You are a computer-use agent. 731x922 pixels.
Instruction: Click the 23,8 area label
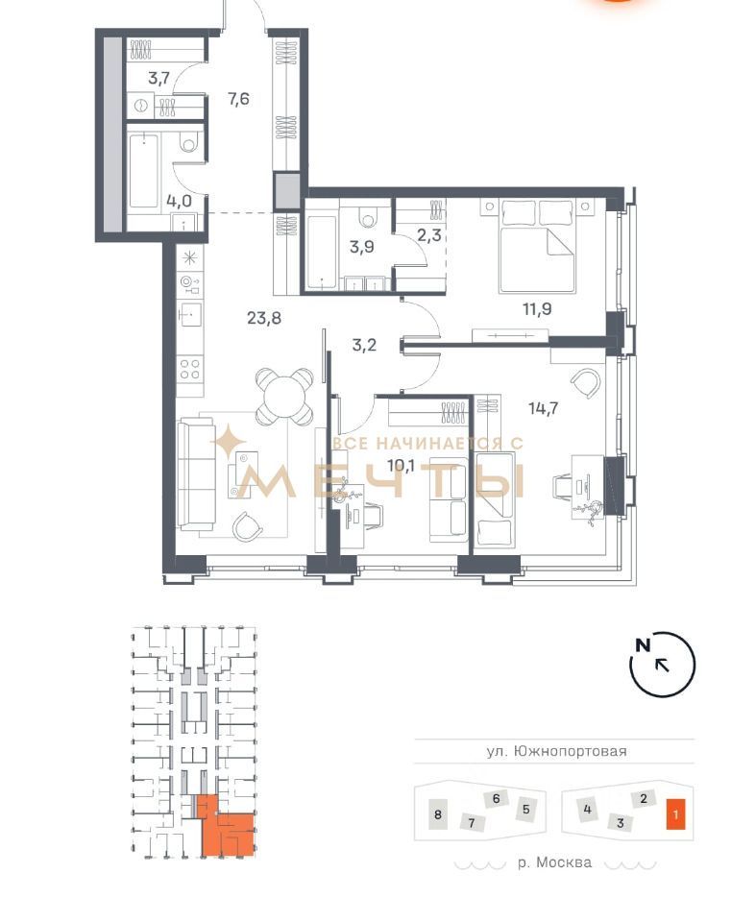pyautogui.click(x=264, y=318)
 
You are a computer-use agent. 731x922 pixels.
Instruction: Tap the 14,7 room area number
pyautogui.click(x=544, y=407)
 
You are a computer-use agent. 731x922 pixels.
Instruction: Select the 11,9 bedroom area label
pyautogui.click(x=538, y=308)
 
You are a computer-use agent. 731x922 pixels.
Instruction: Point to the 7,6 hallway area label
pyautogui.click(x=238, y=99)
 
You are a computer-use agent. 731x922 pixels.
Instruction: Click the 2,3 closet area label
pyautogui.click(x=428, y=236)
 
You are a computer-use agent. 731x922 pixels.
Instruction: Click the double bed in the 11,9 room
pyautogui.click(x=536, y=246)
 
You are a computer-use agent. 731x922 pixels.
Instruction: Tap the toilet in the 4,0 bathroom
pyautogui.click(x=189, y=142)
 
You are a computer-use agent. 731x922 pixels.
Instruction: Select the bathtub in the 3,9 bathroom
pyautogui.click(x=321, y=245)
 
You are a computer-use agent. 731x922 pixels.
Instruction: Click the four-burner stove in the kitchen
pyautogui.click(x=190, y=369)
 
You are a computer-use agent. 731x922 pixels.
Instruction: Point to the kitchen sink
pyautogui.click(x=190, y=315)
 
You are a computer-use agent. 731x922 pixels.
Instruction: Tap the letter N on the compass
pyautogui.click(x=643, y=645)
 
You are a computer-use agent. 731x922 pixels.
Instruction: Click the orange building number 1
pyautogui.click(x=675, y=814)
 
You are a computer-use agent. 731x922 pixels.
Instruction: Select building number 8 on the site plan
pyautogui.click(x=437, y=814)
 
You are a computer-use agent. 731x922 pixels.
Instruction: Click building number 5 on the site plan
pyautogui.click(x=525, y=809)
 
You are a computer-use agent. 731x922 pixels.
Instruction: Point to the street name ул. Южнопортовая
pyautogui.click(x=556, y=751)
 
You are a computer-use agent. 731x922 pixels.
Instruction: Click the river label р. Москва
pyautogui.click(x=554, y=862)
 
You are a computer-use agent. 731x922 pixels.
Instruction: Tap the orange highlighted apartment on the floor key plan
pyautogui.click(x=225, y=826)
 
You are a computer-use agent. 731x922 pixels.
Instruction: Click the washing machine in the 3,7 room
pyautogui.click(x=140, y=106)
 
